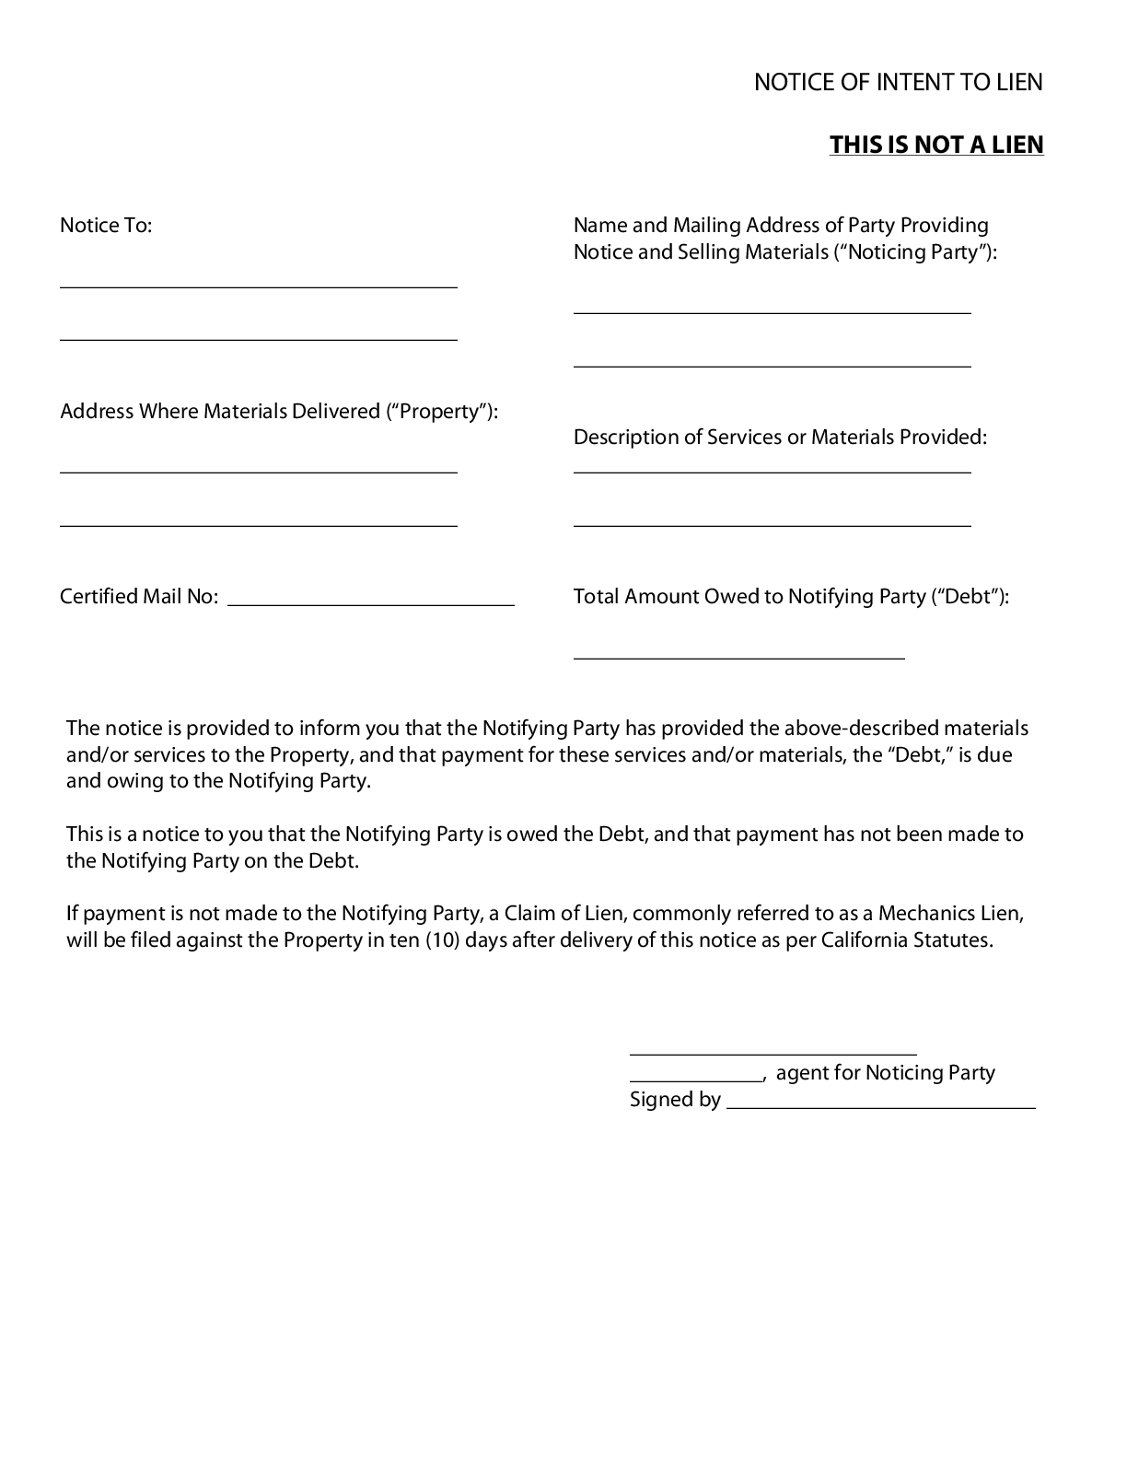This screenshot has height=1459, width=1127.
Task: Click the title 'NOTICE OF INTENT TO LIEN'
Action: tap(898, 82)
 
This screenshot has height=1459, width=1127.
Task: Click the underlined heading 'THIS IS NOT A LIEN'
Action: tap(936, 145)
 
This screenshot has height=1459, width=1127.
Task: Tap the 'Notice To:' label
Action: tap(106, 226)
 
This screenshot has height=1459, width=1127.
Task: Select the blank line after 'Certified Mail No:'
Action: tap(370, 604)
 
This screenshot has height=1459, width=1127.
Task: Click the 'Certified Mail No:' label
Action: tap(139, 597)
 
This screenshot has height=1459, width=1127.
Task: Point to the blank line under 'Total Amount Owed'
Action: tap(738, 658)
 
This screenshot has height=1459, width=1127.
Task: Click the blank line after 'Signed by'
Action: tap(881, 1106)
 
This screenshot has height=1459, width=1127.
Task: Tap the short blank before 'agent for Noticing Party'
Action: tap(696, 1080)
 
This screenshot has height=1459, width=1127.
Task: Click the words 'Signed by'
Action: tap(675, 1100)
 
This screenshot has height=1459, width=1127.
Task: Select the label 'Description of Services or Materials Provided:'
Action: tap(780, 438)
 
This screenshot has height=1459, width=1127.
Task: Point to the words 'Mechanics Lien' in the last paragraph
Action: tap(948, 914)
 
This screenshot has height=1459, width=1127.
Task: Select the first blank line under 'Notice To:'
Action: tap(258, 286)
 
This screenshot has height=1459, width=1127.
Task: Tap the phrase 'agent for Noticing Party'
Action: tap(885, 1073)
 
